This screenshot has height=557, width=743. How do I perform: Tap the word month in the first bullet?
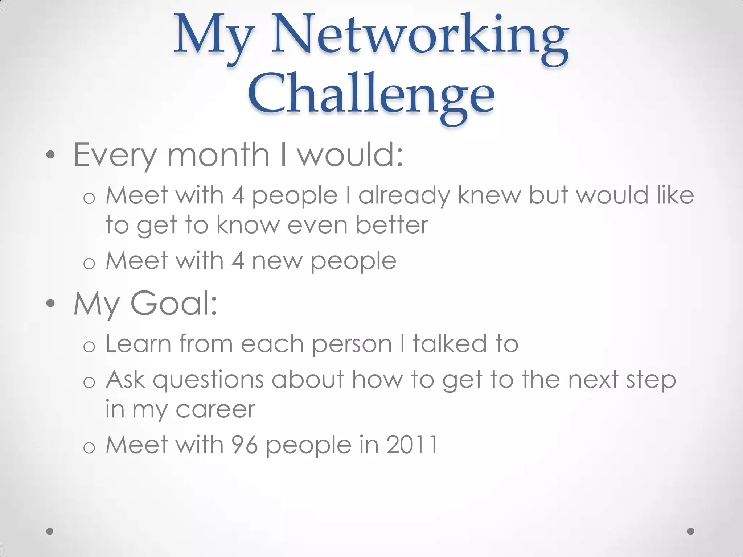pos(218,155)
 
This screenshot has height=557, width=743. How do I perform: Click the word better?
pos(392,225)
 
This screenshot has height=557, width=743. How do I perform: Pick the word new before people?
pos(277,261)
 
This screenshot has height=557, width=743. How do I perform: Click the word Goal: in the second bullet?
pos(174,304)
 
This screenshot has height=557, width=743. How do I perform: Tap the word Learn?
pos(138,343)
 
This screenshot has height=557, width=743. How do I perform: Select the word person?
pos(352,344)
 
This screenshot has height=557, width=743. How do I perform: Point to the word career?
pos(215,409)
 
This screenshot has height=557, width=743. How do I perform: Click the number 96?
pos(245,445)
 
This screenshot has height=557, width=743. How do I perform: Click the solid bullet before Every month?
pos(50,156)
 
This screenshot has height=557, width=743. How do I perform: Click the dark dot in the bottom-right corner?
pos(691,531)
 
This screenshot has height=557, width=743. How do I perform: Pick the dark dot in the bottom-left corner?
pos(50,531)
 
